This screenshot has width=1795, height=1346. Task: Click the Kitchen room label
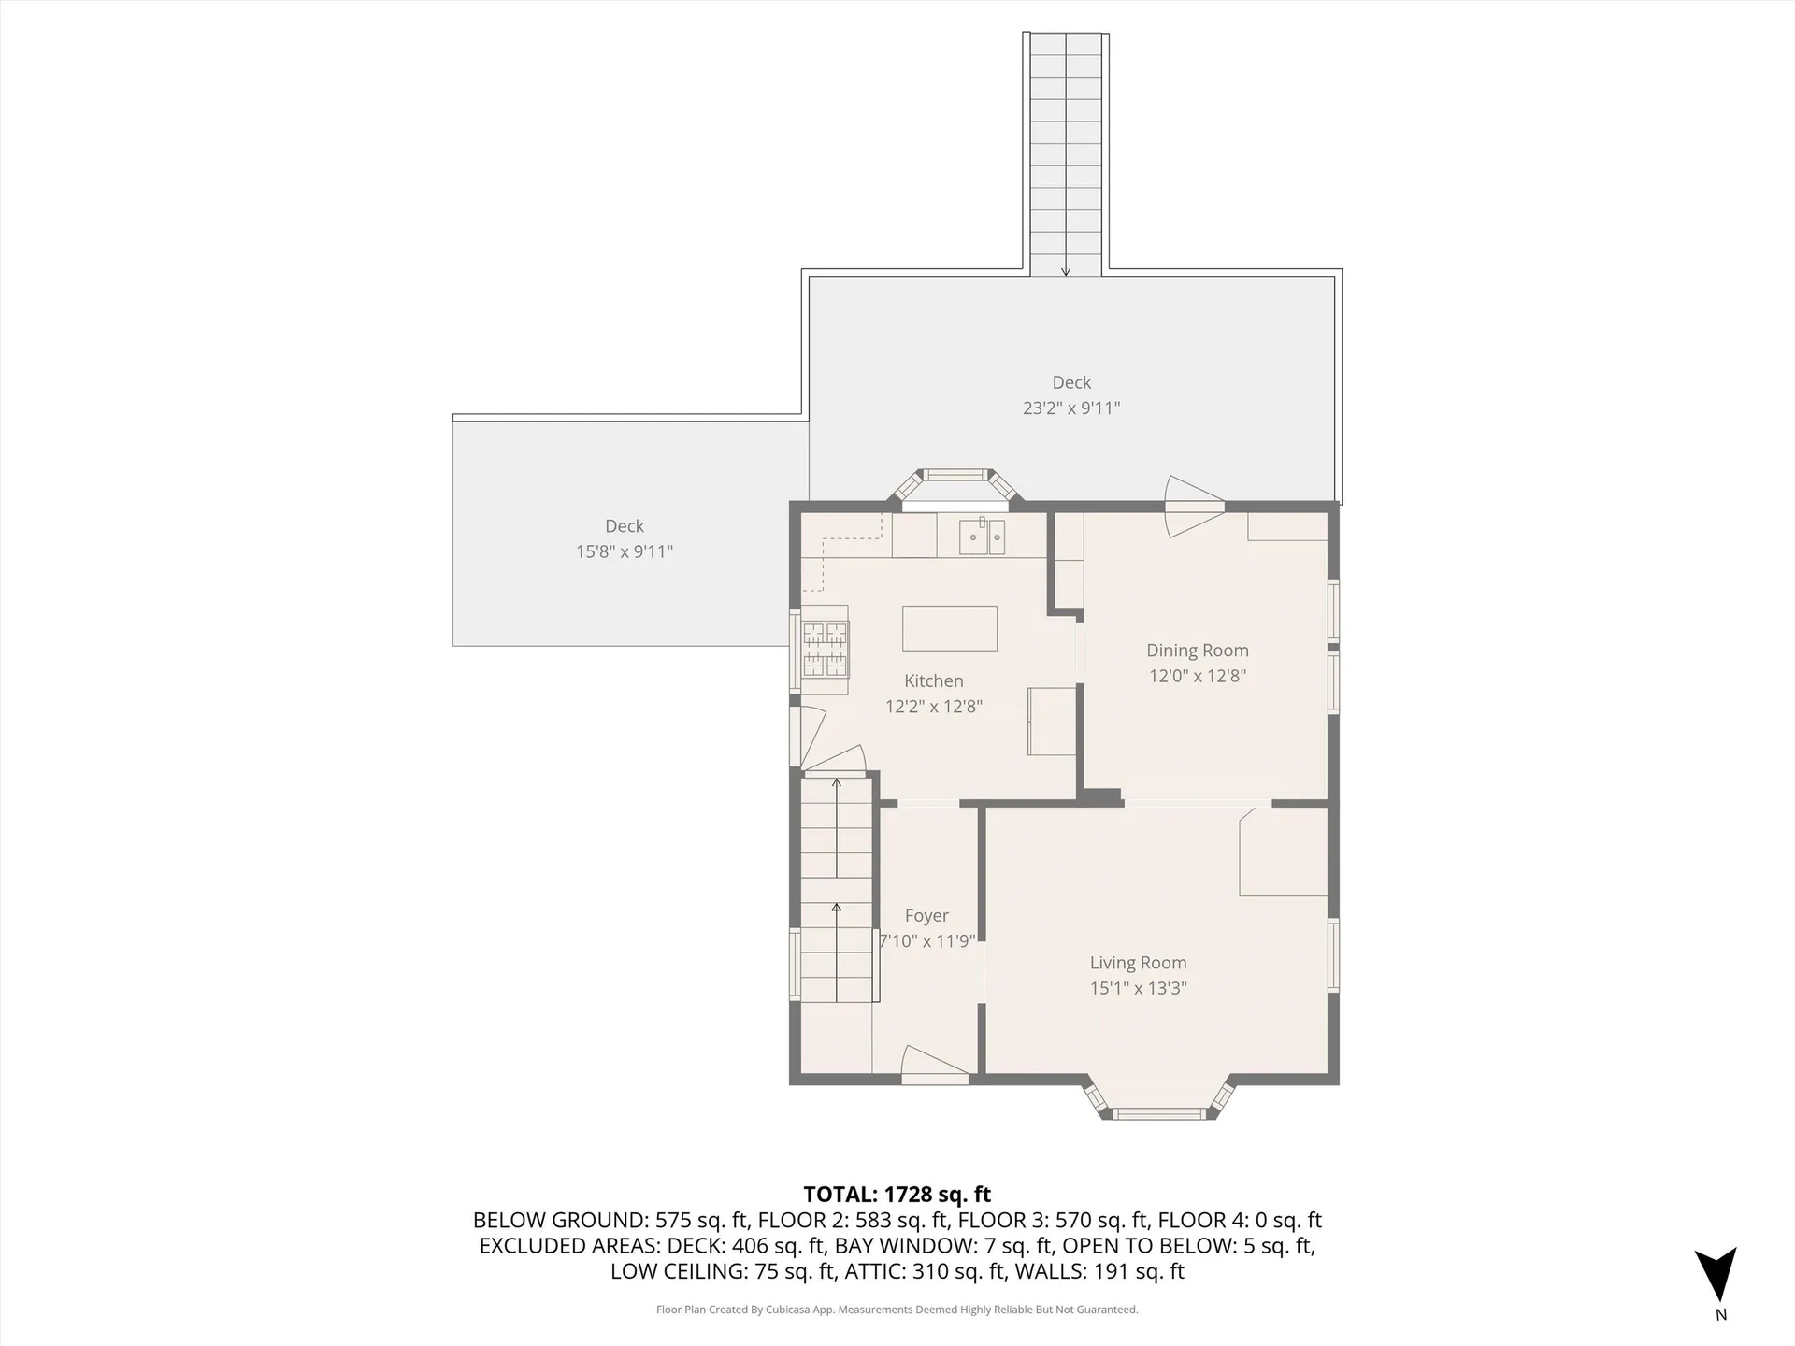pyautogui.click(x=933, y=681)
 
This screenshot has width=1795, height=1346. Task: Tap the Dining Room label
pyautogui.click(x=1197, y=651)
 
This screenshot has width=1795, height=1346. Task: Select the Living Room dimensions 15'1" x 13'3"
pyautogui.click(x=1138, y=988)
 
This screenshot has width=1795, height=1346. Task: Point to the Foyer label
pyautogui.click(x=926, y=916)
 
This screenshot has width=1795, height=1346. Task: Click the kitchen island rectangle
pyautogui.click(x=949, y=628)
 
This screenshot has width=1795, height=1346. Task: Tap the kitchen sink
pyautogui.click(x=982, y=538)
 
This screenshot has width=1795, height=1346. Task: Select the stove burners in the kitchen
pyautogui.click(x=826, y=650)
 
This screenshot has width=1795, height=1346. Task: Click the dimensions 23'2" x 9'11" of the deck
pyautogui.click(x=1070, y=408)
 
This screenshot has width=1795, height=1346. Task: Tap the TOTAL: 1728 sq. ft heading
pyautogui.click(x=897, y=1194)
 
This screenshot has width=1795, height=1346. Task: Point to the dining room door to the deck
pyautogui.click(x=1192, y=506)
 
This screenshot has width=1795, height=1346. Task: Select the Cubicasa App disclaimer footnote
pyautogui.click(x=897, y=1310)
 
